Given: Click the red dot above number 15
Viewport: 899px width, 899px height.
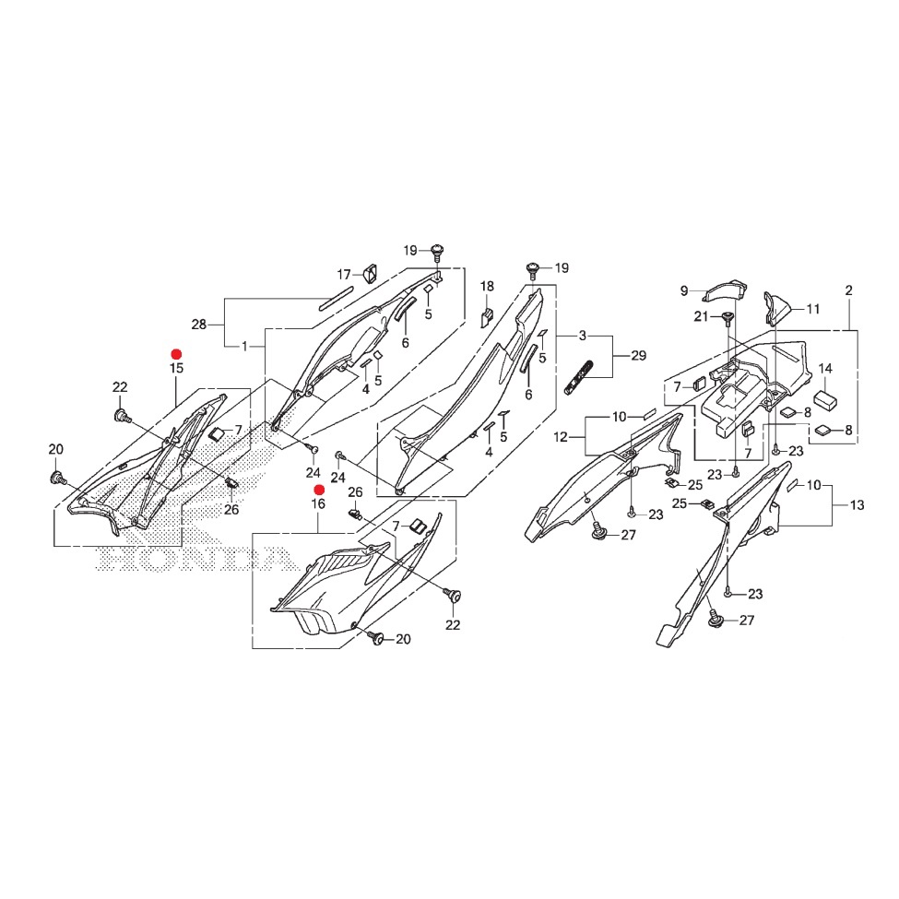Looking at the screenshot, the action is pos(177,354).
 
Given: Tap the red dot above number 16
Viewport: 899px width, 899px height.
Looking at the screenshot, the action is pos(319,490).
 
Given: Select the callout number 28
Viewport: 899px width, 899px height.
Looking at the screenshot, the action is pos(199,325).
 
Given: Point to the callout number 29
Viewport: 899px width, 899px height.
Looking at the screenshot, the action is pos(639,356).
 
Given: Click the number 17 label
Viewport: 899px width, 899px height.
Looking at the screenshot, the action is pos(343,275).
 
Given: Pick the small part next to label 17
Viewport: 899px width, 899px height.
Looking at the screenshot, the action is pos(370,274).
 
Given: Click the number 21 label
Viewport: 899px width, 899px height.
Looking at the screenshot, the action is pos(701,316).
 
